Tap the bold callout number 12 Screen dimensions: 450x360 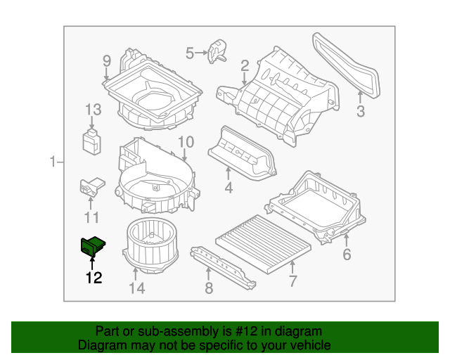click(94, 278)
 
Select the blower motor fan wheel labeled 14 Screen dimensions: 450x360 click(150, 245)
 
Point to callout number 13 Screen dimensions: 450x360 click(94, 110)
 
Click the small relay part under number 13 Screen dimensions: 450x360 click(92, 142)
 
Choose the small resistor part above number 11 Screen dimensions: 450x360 click(92, 187)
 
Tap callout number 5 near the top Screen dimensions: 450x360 click(190, 53)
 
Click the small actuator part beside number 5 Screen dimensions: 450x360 click(217, 51)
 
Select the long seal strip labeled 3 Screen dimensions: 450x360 click(346, 65)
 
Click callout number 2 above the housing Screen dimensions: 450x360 click(245, 65)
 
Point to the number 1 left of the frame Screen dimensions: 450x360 click(52, 162)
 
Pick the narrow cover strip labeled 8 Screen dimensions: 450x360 click(223, 268)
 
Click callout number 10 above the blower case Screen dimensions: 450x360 click(186, 142)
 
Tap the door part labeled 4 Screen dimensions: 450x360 click(243, 154)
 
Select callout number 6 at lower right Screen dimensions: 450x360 click(347, 255)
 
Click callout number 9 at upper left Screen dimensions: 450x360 click(107, 61)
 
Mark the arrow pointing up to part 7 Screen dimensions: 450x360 click(292, 267)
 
